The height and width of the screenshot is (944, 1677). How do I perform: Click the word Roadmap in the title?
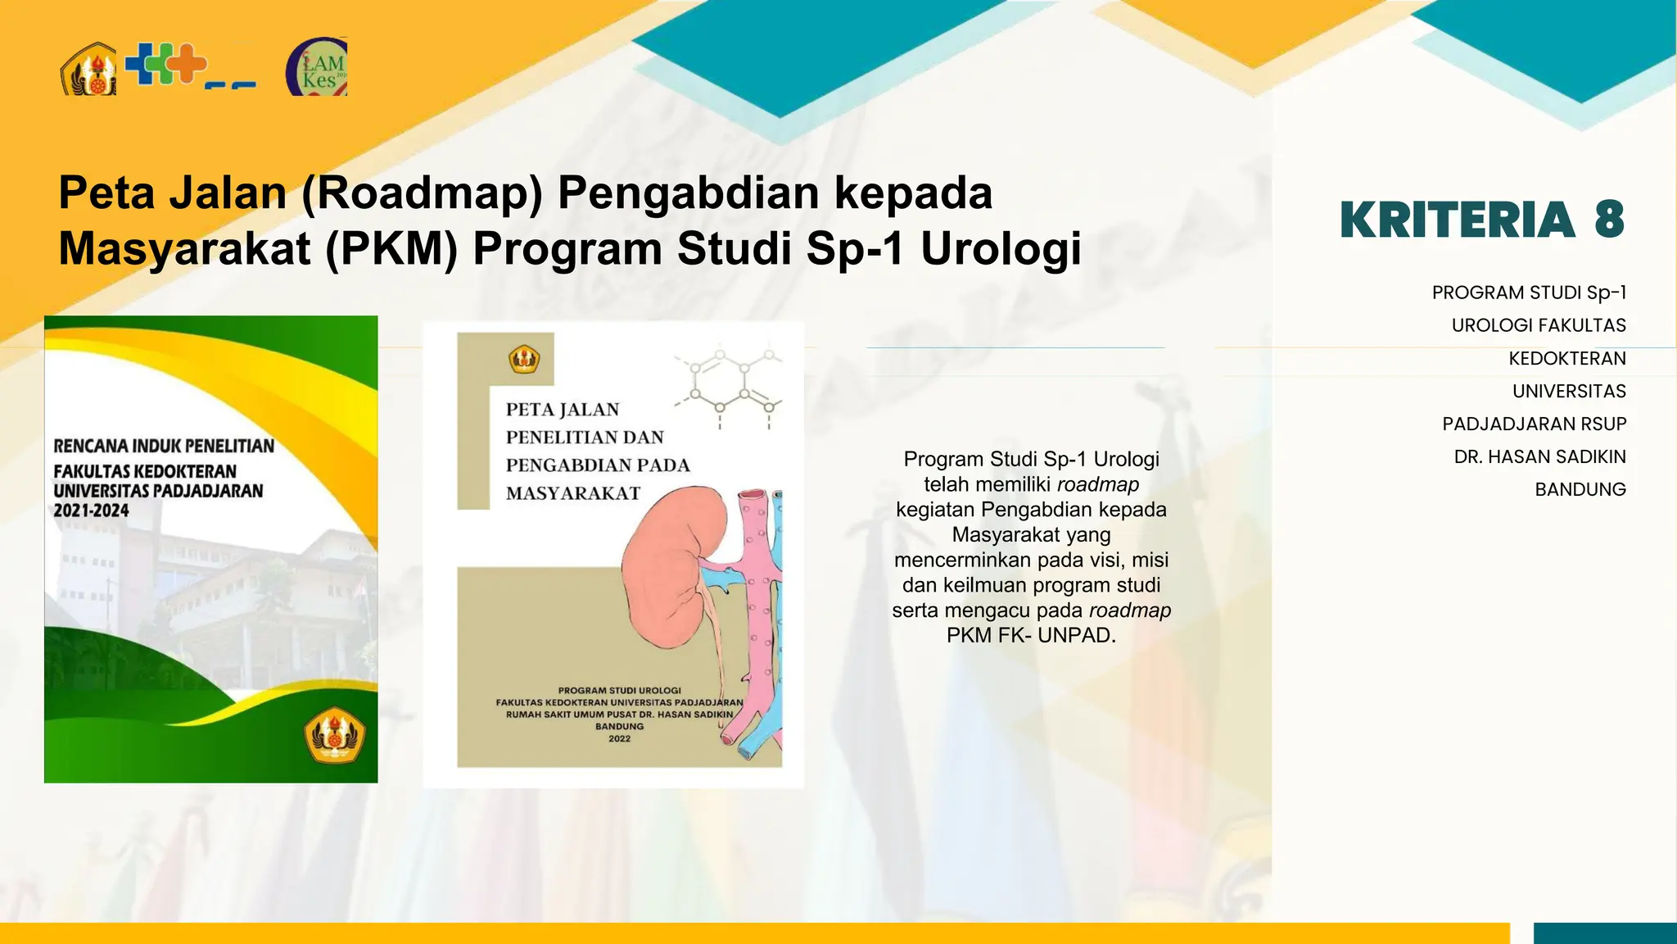pyautogui.click(x=423, y=193)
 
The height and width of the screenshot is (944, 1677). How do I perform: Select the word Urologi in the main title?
pyautogui.click(x=1001, y=248)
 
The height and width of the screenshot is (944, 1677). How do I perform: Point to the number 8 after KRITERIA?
pyautogui.click(x=1609, y=220)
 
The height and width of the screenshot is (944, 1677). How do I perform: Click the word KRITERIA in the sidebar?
pyautogui.click(x=1458, y=220)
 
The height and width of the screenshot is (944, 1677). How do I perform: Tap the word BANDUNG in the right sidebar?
pyautogui.click(x=1580, y=489)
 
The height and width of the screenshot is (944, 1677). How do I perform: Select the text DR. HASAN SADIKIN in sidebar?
pyautogui.click(x=1539, y=456)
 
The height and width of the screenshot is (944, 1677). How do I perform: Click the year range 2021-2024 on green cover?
pyautogui.click(x=92, y=511)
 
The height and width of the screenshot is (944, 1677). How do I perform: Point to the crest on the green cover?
pyautogui.click(x=334, y=735)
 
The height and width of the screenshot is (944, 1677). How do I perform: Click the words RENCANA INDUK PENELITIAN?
pyautogui.click(x=164, y=446)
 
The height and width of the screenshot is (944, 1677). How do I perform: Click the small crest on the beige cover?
pyautogui.click(x=524, y=359)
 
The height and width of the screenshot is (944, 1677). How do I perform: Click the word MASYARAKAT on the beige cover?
pyautogui.click(x=572, y=493)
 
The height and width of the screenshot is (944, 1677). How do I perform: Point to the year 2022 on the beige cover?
pyautogui.click(x=619, y=738)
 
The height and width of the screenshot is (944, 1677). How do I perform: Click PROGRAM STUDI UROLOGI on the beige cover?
pyautogui.click(x=619, y=690)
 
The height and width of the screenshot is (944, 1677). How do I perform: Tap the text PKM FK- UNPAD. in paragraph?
pyautogui.click(x=1031, y=635)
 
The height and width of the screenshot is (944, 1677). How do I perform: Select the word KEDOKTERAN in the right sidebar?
pyautogui.click(x=1567, y=358)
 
